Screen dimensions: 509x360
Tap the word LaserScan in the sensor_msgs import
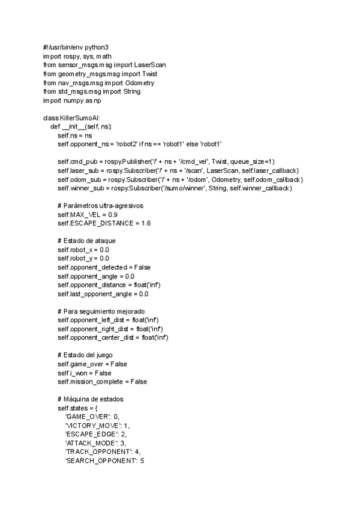click(x=150, y=64)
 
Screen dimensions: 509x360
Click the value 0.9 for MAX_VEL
click(x=113, y=214)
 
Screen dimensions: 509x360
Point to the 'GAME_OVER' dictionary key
click(x=87, y=417)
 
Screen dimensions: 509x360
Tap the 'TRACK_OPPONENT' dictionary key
click(x=95, y=452)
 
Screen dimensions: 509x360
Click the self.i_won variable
click(x=73, y=373)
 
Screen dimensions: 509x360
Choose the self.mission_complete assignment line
click(x=102, y=382)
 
